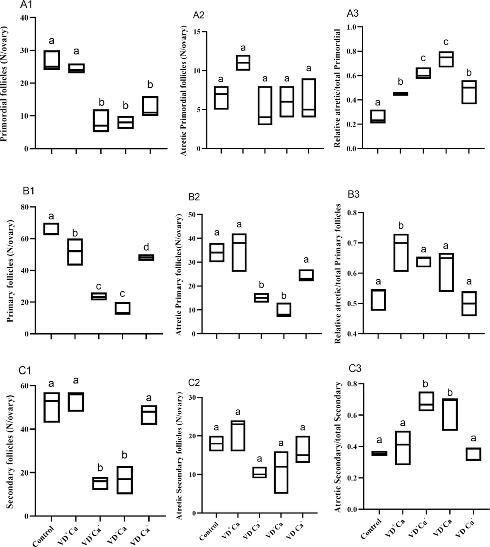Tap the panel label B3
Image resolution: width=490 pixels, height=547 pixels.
(x=353, y=195)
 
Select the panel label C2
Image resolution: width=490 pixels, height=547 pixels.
(x=194, y=382)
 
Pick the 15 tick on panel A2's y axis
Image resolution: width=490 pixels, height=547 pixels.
(x=190, y=32)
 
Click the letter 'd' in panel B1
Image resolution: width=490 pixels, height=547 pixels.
(x=146, y=247)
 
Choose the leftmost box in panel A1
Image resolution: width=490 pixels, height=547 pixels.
(x=52, y=60)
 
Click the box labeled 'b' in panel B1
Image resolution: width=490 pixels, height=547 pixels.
(x=75, y=252)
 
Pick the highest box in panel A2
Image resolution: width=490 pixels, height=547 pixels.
(x=243, y=63)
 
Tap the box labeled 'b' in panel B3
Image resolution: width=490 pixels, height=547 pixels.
(x=401, y=253)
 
